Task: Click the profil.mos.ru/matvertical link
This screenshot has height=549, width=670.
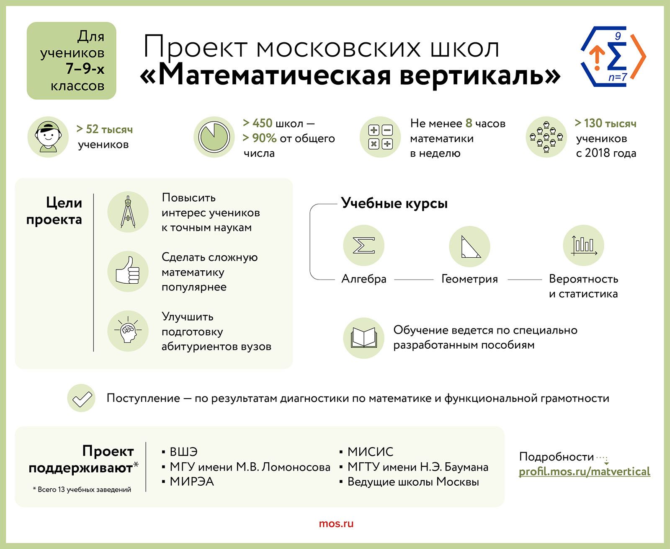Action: (x=584, y=471)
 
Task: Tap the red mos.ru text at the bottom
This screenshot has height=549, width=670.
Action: (x=336, y=523)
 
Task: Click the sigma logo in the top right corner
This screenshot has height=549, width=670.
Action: (x=613, y=57)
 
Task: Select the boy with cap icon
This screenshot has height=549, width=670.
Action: (x=48, y=137)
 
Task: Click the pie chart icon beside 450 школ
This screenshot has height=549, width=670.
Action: (x=214, y=137)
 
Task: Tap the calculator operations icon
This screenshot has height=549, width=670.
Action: (x=380, y=137)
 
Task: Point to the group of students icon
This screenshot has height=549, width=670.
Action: (x=546, y=137)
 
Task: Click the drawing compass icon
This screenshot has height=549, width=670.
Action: (x=128, y=212)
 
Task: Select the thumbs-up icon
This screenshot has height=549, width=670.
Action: (x=128, y=272)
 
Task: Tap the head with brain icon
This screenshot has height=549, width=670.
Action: (x=128, y=331)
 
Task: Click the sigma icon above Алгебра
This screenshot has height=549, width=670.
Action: (x=364, y=246)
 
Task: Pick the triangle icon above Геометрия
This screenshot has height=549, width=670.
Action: (x=469, y=246)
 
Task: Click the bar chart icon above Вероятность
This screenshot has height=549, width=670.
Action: (x=584, y=246)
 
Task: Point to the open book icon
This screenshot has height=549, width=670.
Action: (x=364, y=338)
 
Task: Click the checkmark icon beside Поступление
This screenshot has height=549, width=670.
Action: (x=81, y=398)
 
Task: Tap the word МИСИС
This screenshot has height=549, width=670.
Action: (x=371, y=452)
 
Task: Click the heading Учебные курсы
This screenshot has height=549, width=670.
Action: (x=394, y=203)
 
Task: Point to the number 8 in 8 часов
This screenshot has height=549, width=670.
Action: (x=469, y=123)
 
